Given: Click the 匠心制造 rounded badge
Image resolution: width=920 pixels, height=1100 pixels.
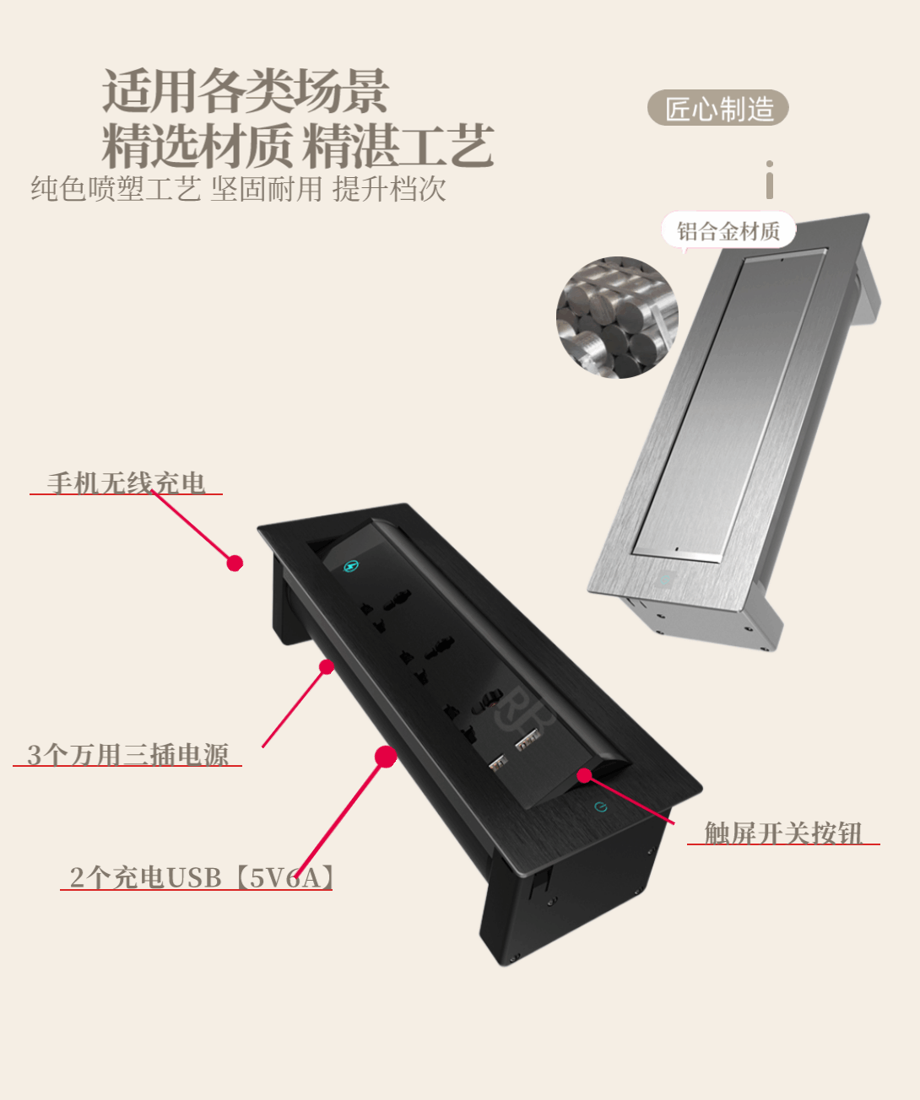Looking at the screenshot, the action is point(717,108).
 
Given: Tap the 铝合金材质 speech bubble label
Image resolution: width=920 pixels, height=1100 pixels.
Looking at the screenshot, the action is point(728,230).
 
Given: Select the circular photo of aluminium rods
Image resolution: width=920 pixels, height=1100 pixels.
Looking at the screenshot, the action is point(617,317).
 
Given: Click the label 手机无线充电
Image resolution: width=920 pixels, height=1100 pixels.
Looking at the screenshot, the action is point(126,483).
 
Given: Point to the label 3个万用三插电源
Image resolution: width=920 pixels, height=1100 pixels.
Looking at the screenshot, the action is point(127,755).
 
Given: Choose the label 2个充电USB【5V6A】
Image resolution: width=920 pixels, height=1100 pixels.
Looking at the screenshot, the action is point(202,877).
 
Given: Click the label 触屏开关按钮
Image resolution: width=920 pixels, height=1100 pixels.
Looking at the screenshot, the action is point(783,833).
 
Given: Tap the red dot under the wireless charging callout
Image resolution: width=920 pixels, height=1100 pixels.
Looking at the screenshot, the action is point(235,563).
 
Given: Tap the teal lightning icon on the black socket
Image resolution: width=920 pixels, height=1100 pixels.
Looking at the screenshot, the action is point(350,566).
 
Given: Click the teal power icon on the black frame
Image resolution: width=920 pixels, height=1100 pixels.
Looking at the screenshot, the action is point(600,806).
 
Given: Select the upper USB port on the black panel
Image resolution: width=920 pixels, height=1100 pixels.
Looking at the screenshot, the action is point(528,738).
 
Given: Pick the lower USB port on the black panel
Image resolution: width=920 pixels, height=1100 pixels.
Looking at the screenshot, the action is point(498,763).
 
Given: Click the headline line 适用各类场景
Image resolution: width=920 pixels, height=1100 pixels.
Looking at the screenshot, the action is point(246,90).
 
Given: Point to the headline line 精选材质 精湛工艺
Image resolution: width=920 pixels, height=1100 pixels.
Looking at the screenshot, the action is point(298,145).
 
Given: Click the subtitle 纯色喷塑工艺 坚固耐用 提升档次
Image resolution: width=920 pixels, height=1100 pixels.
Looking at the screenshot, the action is point(238,189).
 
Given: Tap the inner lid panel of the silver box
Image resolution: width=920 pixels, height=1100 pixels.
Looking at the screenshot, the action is point(730,403).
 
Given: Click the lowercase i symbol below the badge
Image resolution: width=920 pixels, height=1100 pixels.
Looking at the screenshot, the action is point(770,180).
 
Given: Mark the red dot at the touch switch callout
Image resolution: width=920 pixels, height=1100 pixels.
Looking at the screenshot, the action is point(584,775).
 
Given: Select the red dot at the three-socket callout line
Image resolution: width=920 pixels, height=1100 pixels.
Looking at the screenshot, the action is point(327,667).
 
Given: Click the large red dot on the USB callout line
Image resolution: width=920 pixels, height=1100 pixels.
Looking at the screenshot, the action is point(386,757).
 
